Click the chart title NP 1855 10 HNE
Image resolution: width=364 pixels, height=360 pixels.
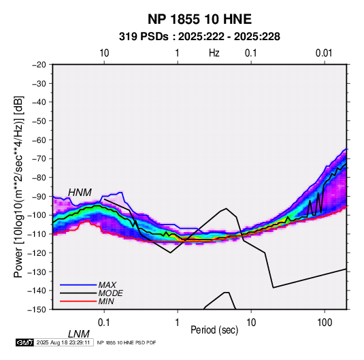199,19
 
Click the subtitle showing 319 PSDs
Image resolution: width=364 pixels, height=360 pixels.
199,37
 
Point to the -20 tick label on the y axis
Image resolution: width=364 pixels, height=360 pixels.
39,65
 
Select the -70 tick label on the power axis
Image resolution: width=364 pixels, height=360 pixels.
39,159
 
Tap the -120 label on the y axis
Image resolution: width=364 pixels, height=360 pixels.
37,252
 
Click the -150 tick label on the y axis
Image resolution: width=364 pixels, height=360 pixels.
37,310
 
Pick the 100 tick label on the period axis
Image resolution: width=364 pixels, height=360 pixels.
325,323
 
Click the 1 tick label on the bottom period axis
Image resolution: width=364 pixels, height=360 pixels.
178,323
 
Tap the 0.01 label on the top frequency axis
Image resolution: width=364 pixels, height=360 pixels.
324,53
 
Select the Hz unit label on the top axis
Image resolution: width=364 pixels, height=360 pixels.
214,53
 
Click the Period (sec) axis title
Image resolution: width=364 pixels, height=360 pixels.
214,330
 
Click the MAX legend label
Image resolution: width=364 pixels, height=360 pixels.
107,284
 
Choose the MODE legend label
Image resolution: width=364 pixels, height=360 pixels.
110,293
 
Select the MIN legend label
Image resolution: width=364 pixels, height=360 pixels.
106,301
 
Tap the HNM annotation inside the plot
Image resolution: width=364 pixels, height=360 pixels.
80,193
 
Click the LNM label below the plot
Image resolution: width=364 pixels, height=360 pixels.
79,334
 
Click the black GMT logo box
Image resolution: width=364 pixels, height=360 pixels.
25,342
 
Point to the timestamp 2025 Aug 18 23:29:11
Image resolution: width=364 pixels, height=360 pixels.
63,342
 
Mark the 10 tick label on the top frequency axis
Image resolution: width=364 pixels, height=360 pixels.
104,53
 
